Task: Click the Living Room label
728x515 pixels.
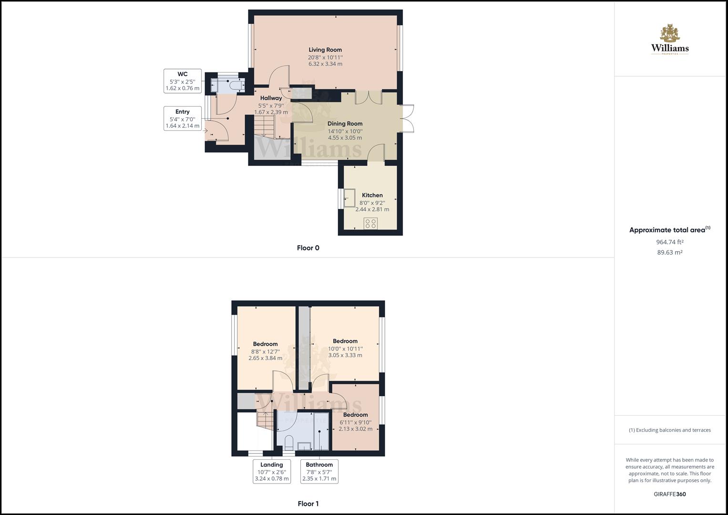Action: click(x=325, y=50)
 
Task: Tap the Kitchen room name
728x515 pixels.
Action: click(x=372, y=195)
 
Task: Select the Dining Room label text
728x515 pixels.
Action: click(x=345, y=124)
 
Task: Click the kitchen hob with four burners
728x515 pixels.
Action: click(x=370, y=223)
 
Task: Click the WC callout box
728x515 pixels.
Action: click(x=183, y=81)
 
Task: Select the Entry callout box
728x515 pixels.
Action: click(x=183, y=119)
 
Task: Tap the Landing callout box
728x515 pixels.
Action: click(x=272, y=472)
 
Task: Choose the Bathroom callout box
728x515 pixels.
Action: click(x=319, y=472)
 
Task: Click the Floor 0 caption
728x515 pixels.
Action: click(x=308, y=248)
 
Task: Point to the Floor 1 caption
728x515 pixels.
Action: click(x=308, y=504)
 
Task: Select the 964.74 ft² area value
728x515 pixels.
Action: click(x=669, y=242)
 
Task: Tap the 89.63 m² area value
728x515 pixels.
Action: click(x=669, y=253)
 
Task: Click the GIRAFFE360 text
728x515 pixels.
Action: click(x=669, y=494)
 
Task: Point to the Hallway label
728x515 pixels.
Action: click(x=271, y=98)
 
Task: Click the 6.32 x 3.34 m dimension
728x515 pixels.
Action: click(x=325, y=64)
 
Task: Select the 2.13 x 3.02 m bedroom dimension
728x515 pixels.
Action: click(x=356, y=429)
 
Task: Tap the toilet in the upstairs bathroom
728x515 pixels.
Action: click(x=288, y=442)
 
